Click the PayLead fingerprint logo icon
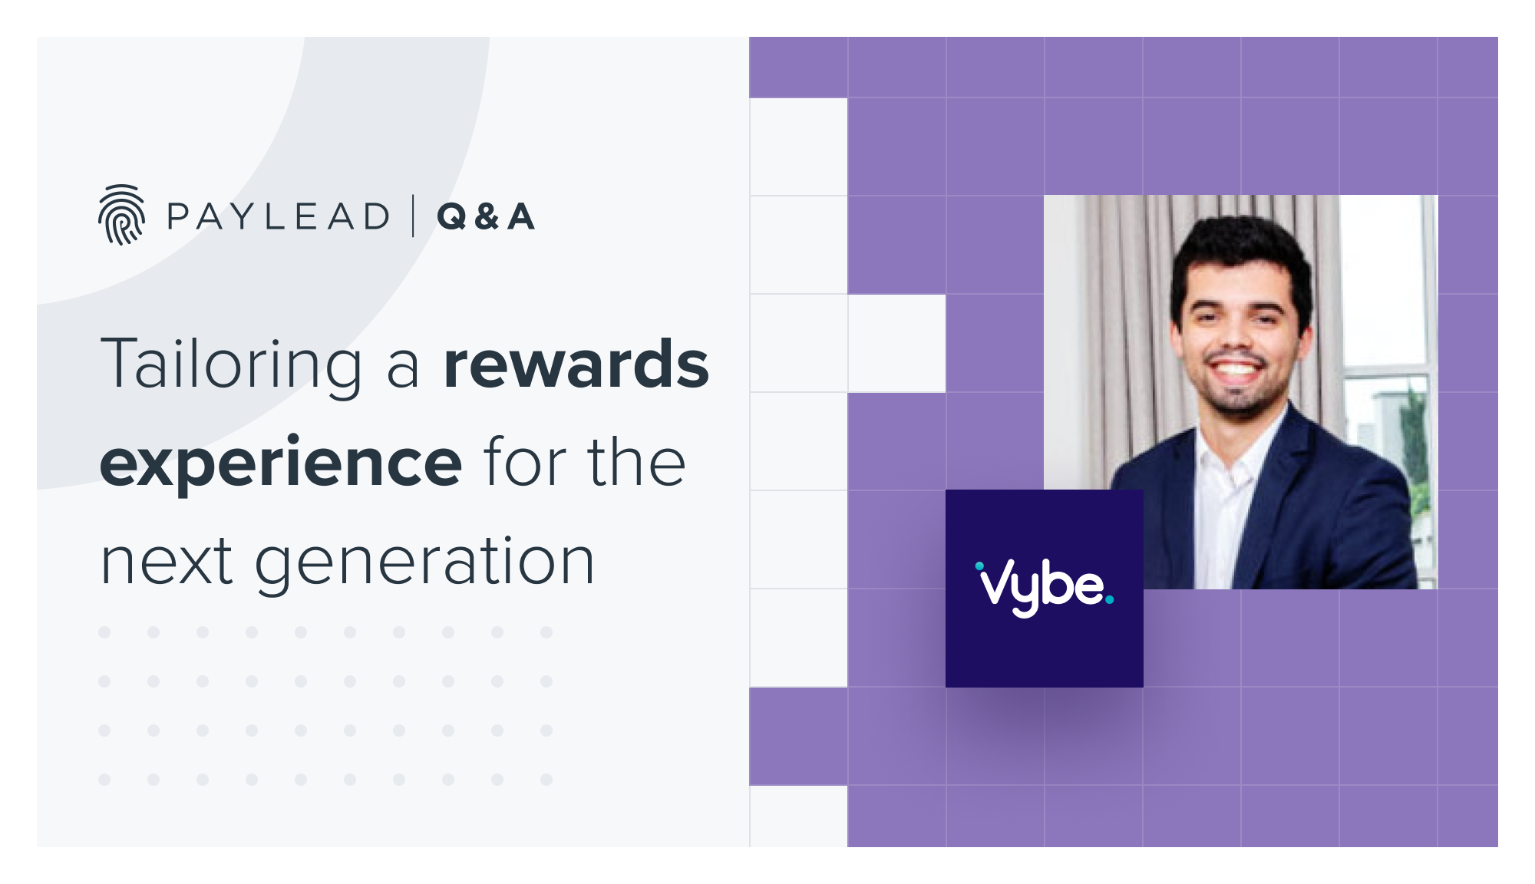tap(121, 215)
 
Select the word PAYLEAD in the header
tap(279, 217)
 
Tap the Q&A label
tap(486, 217)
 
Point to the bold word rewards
tap(576, 364)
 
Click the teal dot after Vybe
tap(1109, 600)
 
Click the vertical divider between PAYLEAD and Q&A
tap(414, 216)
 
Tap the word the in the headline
tap(636, 463)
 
